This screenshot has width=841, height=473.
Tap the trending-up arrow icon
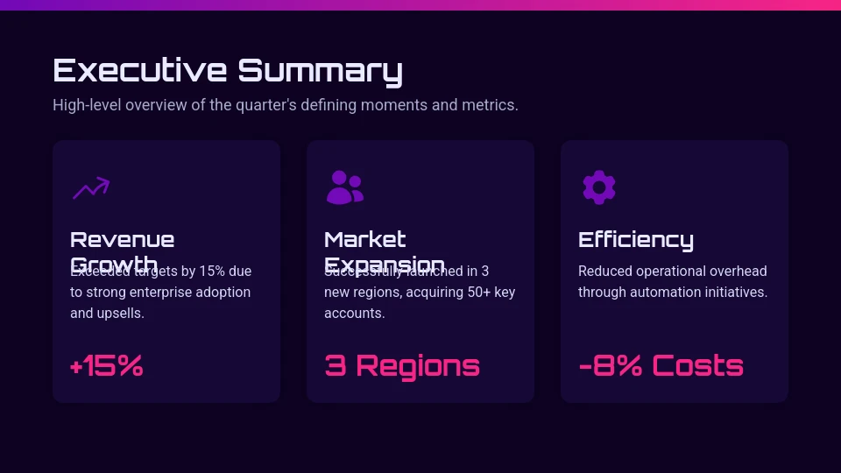[x=90, y=187]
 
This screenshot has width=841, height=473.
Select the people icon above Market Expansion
[x=344, y=187]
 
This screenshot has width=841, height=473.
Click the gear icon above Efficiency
[x=598, y=187]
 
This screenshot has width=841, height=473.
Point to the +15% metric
[x=106, y=365]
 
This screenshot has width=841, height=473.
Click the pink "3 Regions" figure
[x=402, y=365]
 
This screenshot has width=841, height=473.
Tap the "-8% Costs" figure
[x=661, y=365]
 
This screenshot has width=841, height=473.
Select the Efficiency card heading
[x=635, y=239]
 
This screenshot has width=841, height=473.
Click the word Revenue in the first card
[x=122, y=239]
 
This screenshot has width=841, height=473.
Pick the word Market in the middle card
[x=364, y=239]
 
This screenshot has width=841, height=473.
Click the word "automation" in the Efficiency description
[x=688, y=293]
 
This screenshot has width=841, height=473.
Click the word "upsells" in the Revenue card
[x=121, y=314]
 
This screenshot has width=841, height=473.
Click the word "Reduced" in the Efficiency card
[x=604, y=272]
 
